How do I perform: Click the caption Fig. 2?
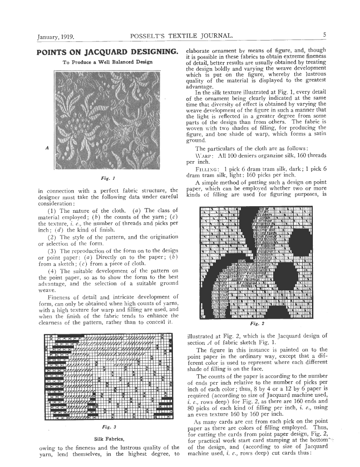[x=257, y=324]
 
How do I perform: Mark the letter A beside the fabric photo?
[x=47, y=147]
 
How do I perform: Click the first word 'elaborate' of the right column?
[x=202, y=51]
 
